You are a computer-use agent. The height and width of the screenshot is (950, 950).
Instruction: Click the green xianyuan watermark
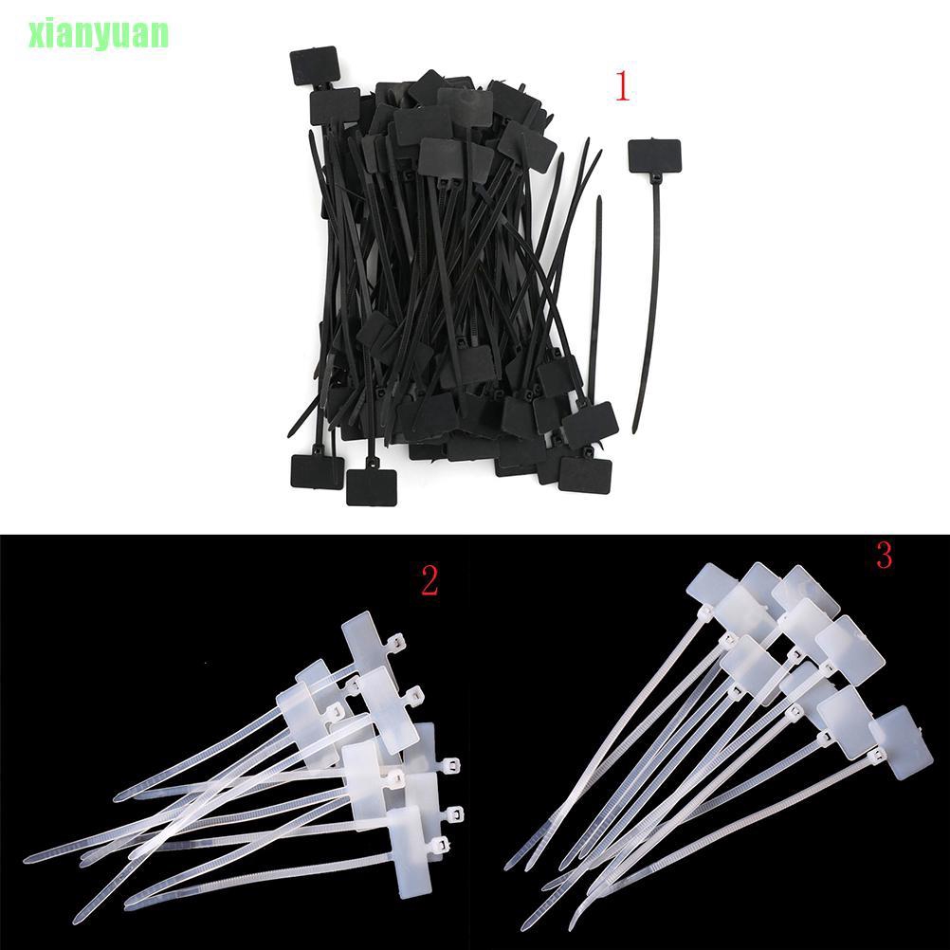85,33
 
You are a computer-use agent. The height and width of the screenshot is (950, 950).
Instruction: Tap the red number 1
622,88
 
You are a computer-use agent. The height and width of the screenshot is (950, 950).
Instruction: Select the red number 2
429,581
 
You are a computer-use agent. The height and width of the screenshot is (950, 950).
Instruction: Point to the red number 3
884,556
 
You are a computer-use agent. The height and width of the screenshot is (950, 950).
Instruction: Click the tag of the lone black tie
654,155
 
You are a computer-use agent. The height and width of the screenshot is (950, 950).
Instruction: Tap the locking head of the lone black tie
654,179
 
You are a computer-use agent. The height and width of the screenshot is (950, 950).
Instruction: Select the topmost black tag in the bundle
315,65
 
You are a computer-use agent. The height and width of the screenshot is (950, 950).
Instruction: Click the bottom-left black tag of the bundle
317,471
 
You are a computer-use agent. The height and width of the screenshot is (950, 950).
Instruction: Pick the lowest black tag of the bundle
371,486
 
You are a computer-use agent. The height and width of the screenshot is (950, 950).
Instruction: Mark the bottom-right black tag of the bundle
585,473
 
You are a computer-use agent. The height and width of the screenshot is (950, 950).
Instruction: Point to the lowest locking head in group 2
438,843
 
